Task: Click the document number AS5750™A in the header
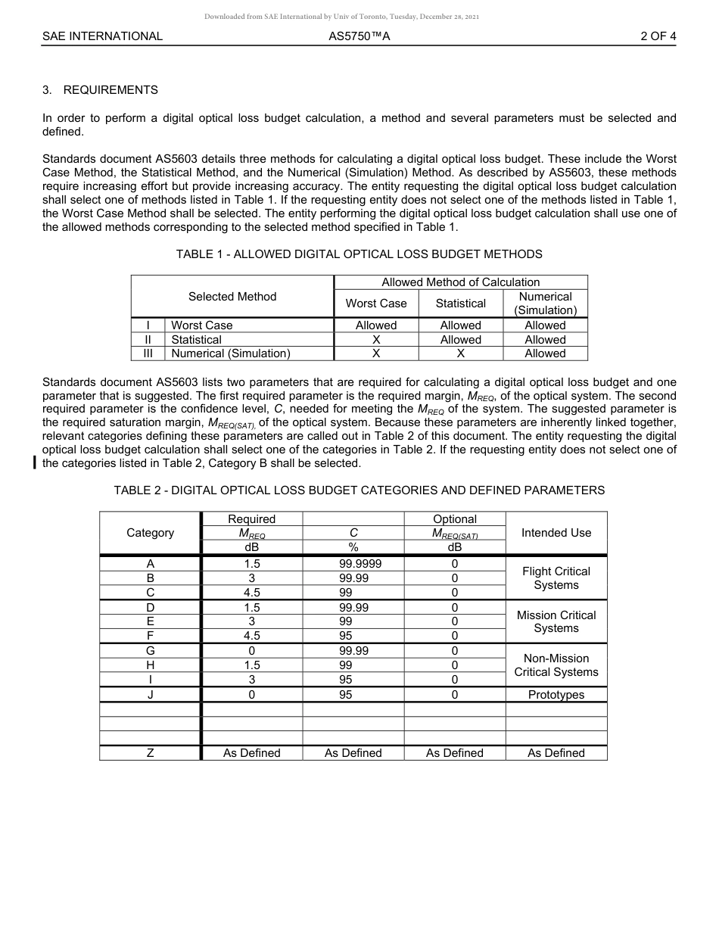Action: point(359,36)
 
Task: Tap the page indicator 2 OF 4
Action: point(658,36)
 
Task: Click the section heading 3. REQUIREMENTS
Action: point(100,90)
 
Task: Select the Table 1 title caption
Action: point(359,254)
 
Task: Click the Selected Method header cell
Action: point(232,297)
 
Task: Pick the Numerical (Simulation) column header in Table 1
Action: point(545,304)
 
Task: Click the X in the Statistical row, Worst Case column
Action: point(376,340)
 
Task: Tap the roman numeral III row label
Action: point(148,353)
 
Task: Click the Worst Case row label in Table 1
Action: point(201,325)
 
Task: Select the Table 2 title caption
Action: point(359,490)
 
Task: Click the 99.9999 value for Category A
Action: point(353,564)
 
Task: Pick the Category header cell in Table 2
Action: point(150,533)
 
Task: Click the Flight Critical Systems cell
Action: point(556,578)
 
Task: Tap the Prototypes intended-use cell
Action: point(556,695)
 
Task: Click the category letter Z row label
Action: point(150,753)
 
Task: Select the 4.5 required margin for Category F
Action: point(251,636)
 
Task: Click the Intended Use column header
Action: point(556,533)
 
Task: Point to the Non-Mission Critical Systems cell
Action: point(556,665)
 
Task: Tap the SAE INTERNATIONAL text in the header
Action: point(102,36)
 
